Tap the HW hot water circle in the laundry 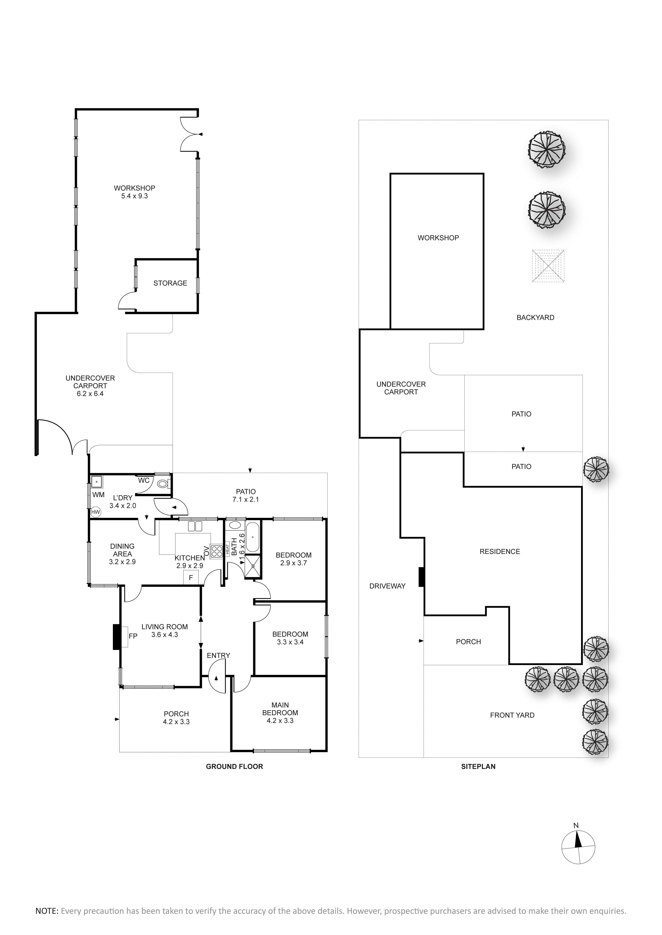(95, 512)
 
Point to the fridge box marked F (191, 578)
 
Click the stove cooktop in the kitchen (216, 551)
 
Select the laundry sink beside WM (97, 482)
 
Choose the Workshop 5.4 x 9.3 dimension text (135, 196)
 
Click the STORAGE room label (170, 283)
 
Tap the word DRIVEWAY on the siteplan (387, 586)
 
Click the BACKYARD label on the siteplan (535, 318)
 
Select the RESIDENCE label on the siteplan (500, 551)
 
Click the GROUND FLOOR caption (234, 766)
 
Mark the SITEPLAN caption (478, 766)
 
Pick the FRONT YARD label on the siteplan (512, 715)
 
